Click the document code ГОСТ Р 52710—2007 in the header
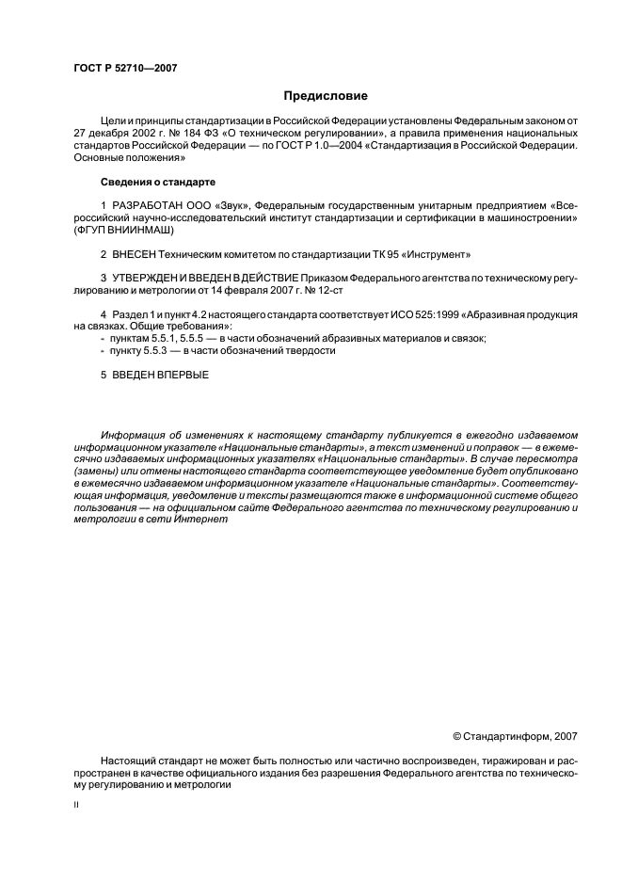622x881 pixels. [124, 69]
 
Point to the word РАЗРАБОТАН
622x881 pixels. [141, 204]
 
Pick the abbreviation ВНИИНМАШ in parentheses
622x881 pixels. [146, 229]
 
